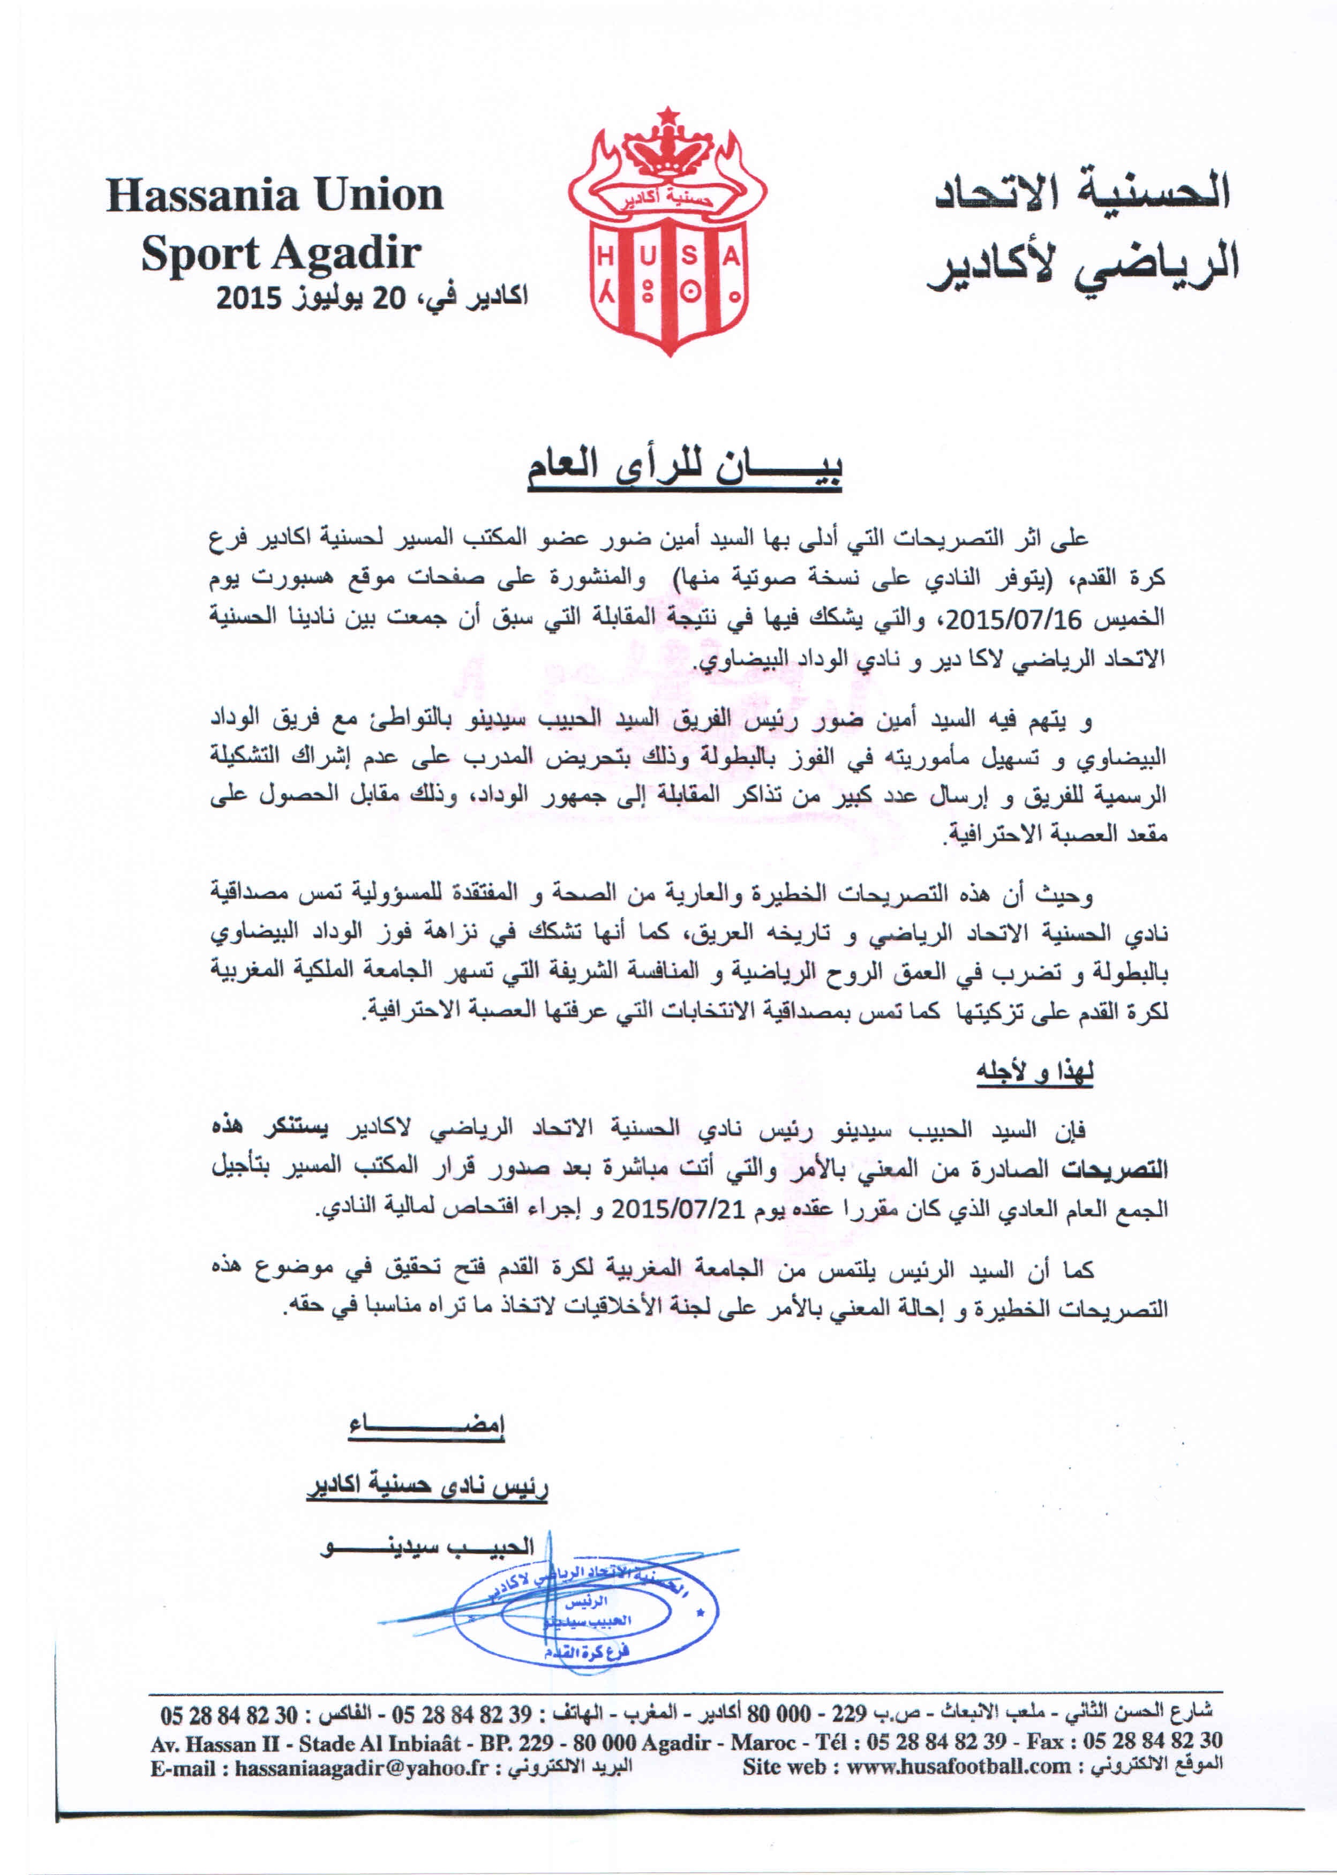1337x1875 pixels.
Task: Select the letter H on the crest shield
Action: [606, 258]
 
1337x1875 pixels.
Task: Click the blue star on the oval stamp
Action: [701, 1611]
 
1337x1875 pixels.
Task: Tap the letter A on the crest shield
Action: [731, 258]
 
